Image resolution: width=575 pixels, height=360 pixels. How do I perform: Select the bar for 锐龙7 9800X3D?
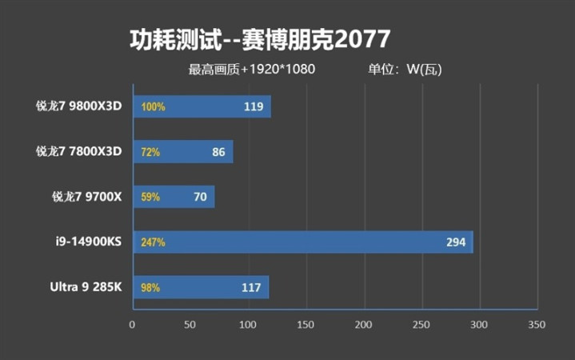tap(202, 106)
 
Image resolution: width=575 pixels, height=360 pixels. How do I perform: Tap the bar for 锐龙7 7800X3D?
tap(182, 151)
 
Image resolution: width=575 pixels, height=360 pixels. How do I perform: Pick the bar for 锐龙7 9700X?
tap(173, 196)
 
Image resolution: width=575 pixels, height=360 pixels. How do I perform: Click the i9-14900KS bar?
tap(302, 242)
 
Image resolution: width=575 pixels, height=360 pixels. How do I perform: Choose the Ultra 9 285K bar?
tap(200, 286)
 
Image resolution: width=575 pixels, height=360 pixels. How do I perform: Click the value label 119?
tap(254, 106)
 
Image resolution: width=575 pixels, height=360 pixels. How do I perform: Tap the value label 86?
tap(218, 151)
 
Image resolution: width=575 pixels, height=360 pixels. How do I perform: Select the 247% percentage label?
tap(153, 242)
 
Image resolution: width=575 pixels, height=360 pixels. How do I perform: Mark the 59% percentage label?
tap(150, 197)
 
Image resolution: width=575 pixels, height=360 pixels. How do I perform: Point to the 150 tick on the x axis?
tap(305, 325)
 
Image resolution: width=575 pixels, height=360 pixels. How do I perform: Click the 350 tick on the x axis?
tap(537, 325)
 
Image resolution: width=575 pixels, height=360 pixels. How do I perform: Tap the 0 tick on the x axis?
tap(133, 325)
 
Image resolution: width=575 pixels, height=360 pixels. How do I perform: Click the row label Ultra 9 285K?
tap(85, 286)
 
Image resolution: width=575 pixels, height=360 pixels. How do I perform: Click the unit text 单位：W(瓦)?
tap(405, 70)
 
